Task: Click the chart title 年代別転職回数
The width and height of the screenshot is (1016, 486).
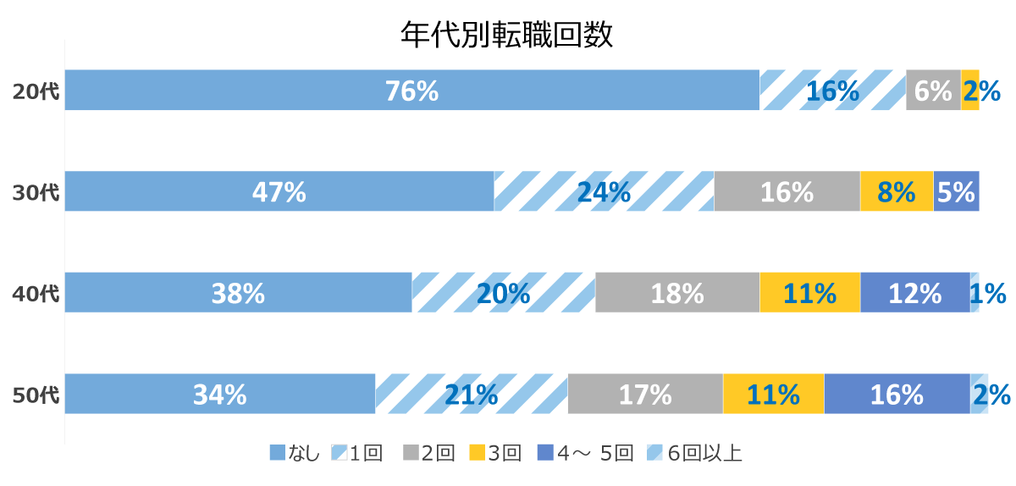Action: pyautogui.click(x=506, y=36)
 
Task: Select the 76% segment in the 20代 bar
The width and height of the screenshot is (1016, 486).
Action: pyautogui.click(x=411, y=91)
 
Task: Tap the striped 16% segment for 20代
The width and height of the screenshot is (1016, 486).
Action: pyautogui.click(x=832, y=91)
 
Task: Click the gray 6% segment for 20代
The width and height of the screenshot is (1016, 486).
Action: pyautogui.click(x=933, y=91)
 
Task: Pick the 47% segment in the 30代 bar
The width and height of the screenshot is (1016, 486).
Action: pyautogui.click(x=279, y=191)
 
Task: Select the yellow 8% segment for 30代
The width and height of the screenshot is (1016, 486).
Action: pyautogui.click(x=896, y=191)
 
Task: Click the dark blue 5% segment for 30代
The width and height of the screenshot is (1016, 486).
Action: pyautogui.click(x=956, y=191)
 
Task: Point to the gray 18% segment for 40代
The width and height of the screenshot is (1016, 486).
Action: pyautogui.click(x=677, y=293)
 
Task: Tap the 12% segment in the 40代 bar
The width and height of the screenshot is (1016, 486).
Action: pyautogui.click(x=914, y=293)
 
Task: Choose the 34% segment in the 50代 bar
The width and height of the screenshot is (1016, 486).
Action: pyautogui.click(x=219, y=394)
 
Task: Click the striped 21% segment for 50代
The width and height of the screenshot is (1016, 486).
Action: pyautogui.click(x=471, y=394)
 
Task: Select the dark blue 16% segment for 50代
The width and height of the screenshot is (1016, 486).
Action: pyautogui.click(x=897, y=394)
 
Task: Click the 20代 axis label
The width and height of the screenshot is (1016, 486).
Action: pyautogui.click(x=36, y=91)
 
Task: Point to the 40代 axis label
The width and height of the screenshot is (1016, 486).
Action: pyautogui.click(x=36, y=294)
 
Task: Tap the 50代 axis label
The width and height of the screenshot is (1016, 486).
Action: pyautogui.click(x=36, y=395)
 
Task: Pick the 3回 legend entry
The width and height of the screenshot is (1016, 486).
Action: pyautogui.click(x=496, y=454)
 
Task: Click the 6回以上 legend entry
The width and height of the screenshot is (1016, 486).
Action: pyautogui.click(x=695, y=454)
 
